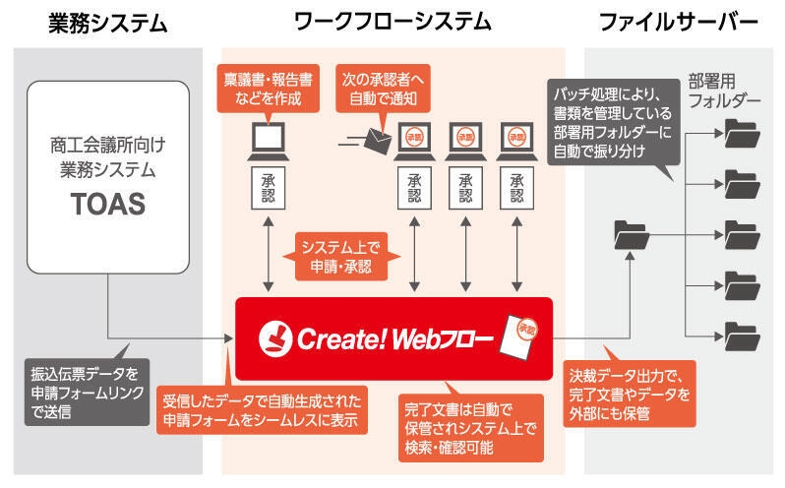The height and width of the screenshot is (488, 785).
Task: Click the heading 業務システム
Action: [107, 21]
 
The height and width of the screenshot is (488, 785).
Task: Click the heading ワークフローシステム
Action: [392, 21]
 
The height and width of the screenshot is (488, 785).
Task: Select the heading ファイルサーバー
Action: [680, 21]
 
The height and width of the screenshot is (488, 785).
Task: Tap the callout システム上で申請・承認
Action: [337, 256]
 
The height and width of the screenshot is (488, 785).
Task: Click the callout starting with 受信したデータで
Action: [265, 411]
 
